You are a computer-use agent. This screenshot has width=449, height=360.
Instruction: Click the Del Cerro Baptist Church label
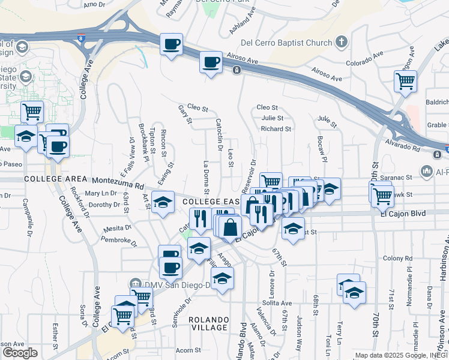tap(286, 43)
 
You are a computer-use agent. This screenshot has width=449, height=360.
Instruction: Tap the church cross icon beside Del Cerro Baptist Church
tap(342, 42)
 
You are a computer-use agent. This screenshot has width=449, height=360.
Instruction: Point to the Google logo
tap(19, 353)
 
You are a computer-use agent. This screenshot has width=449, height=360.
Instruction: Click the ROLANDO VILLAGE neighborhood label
tap(208, 323)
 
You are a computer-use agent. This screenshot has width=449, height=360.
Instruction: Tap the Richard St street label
tap(276, 128)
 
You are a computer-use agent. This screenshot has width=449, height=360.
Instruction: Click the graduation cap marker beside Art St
tap(162, 202)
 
